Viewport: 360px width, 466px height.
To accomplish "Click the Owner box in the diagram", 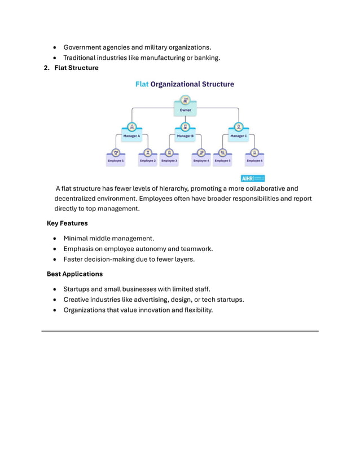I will [185, 110].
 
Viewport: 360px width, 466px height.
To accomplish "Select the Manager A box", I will [131, 136].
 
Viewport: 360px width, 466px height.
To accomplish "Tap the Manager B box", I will [185, 136].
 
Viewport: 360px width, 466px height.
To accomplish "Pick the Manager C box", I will [238, 136].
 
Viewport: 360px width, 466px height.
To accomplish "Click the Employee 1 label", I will [116, 161].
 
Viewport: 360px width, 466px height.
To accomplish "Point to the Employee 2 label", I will [148, 161].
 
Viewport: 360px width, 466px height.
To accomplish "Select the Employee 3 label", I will [169, 161].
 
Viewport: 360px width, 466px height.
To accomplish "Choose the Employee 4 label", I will [201, 161].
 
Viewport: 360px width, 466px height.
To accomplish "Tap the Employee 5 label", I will [222, 161].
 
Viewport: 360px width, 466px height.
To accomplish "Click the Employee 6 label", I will [254, 161].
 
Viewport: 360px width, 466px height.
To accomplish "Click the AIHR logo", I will [253, 178].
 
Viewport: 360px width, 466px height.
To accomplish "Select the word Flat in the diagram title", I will [142, 84].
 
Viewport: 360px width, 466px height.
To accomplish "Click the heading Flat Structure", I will [76, 68].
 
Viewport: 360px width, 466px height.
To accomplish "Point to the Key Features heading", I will [67, 223].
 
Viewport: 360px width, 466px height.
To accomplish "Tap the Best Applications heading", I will [74, 274].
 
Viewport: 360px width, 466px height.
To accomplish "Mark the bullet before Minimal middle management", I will [55, 239].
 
